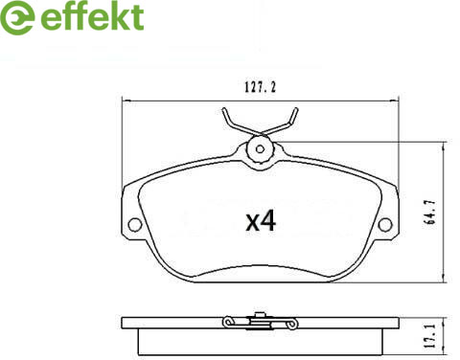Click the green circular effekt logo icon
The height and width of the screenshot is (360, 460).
tap(16, 17)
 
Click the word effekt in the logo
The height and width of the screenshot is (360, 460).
tap(92, 16)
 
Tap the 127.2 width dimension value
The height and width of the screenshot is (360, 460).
tap(260, 87)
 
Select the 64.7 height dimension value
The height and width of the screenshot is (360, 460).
tap(430, 213)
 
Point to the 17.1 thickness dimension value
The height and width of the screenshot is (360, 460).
tap(430, 336)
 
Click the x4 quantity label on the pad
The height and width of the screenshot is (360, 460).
tap(261, 222)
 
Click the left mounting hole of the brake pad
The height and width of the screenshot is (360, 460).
tap(134, 224)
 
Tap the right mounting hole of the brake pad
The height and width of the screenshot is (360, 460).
tap(385, 224)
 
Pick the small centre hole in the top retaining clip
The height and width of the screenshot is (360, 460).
tap(260, 149)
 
